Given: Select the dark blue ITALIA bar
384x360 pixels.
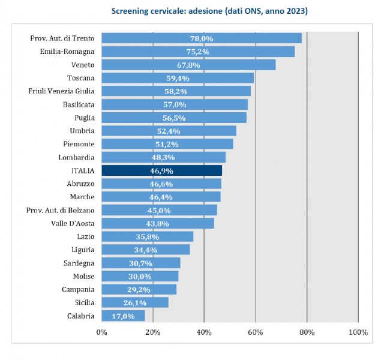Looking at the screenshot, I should click(161, 170).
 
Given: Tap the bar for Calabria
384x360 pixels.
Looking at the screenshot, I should click(123, 316).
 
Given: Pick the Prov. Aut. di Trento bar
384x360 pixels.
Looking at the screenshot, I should click(201, 38).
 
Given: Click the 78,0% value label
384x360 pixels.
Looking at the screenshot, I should click(202, 38).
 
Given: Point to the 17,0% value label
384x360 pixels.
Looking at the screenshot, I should click(123, 316).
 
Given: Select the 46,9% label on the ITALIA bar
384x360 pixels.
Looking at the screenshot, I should click(161, 170).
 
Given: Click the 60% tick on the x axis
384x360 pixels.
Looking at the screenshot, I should click(256, 331).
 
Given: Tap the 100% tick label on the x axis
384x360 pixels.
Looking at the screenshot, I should click(358, 331).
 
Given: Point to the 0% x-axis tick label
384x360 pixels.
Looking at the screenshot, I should click(101, 331).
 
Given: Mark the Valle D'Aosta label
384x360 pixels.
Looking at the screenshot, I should click(73, 223).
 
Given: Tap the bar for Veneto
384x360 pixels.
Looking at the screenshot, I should click(188, 65).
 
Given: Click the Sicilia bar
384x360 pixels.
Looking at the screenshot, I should click(135, 302).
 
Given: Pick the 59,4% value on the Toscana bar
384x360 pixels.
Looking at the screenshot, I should click(178, 78).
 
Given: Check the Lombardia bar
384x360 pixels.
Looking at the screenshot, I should click(163, 157).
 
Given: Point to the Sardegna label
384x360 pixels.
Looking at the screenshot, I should click(79, 263).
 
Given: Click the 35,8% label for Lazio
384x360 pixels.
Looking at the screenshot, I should click(148, 236).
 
